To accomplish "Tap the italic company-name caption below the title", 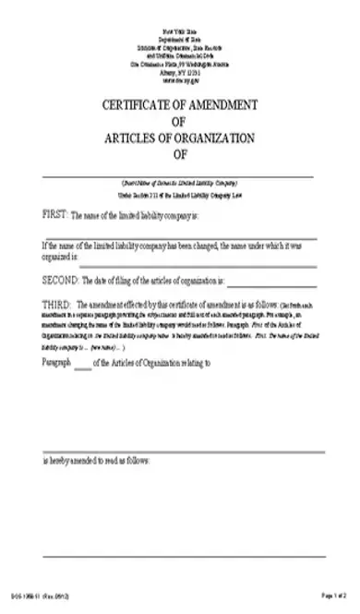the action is pyautogui.click(x=179, y=182).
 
